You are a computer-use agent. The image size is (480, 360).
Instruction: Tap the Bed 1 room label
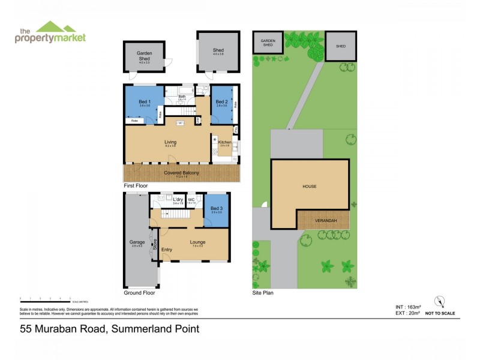tap(145, 101)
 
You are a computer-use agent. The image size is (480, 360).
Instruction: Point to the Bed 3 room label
tap(216, 208)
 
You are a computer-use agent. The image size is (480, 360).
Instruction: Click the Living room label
tap(170, 142)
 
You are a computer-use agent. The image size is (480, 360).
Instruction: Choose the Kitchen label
tap(225, 142)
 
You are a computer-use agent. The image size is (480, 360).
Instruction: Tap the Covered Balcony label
tap(181, 173)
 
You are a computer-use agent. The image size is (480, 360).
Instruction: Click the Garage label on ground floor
tap(137, 242)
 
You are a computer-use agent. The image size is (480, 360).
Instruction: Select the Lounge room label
tap(197, 242)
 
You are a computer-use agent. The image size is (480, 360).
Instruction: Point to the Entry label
tap(166, 250)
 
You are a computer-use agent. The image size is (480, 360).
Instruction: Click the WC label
tap(191, 200)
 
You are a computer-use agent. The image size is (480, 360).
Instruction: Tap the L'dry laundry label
tap(177, 200)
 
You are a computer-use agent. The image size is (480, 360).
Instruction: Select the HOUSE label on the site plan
tap(309, 187)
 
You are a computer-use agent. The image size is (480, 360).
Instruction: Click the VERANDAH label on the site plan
tap(323, 220)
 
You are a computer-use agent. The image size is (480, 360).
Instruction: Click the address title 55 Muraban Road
tap(110, 328)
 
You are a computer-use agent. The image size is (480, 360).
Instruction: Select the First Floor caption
tap(136, 187)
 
